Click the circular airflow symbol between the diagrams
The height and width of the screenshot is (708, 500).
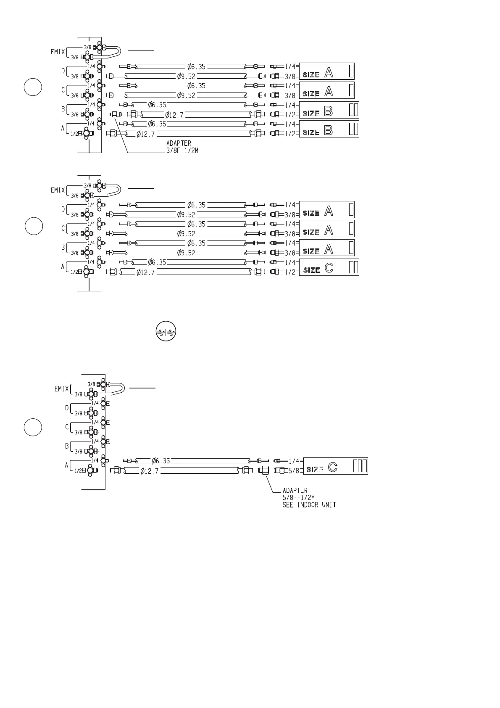click(166, 332)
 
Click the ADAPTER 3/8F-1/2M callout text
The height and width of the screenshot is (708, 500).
click(182, 147)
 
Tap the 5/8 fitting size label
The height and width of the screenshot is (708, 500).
click(294, 470)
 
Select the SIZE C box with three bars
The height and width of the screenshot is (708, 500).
click(335, 466)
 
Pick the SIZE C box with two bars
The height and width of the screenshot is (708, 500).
click(329, 267)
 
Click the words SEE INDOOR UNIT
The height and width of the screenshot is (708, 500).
click(309, 505)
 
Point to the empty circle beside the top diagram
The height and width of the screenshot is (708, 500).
click(33, 87)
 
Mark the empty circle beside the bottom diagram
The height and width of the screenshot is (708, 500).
click(33, 428)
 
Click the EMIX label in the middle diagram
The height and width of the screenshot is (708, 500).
click(58, 190)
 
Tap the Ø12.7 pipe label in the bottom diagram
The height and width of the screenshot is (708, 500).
click(150, 471)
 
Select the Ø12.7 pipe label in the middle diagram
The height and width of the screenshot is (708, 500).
click(146, 272)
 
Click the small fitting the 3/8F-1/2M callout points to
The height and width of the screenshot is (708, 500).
click(115, 114)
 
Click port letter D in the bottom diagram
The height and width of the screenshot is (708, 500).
click(67, 408)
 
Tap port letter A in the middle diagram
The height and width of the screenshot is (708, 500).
click(63, 267)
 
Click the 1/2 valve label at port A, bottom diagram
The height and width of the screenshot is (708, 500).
click(78, 471)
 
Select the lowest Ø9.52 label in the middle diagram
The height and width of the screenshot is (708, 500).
click(186, 253)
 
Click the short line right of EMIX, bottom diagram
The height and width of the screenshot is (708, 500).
click(142, 388)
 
